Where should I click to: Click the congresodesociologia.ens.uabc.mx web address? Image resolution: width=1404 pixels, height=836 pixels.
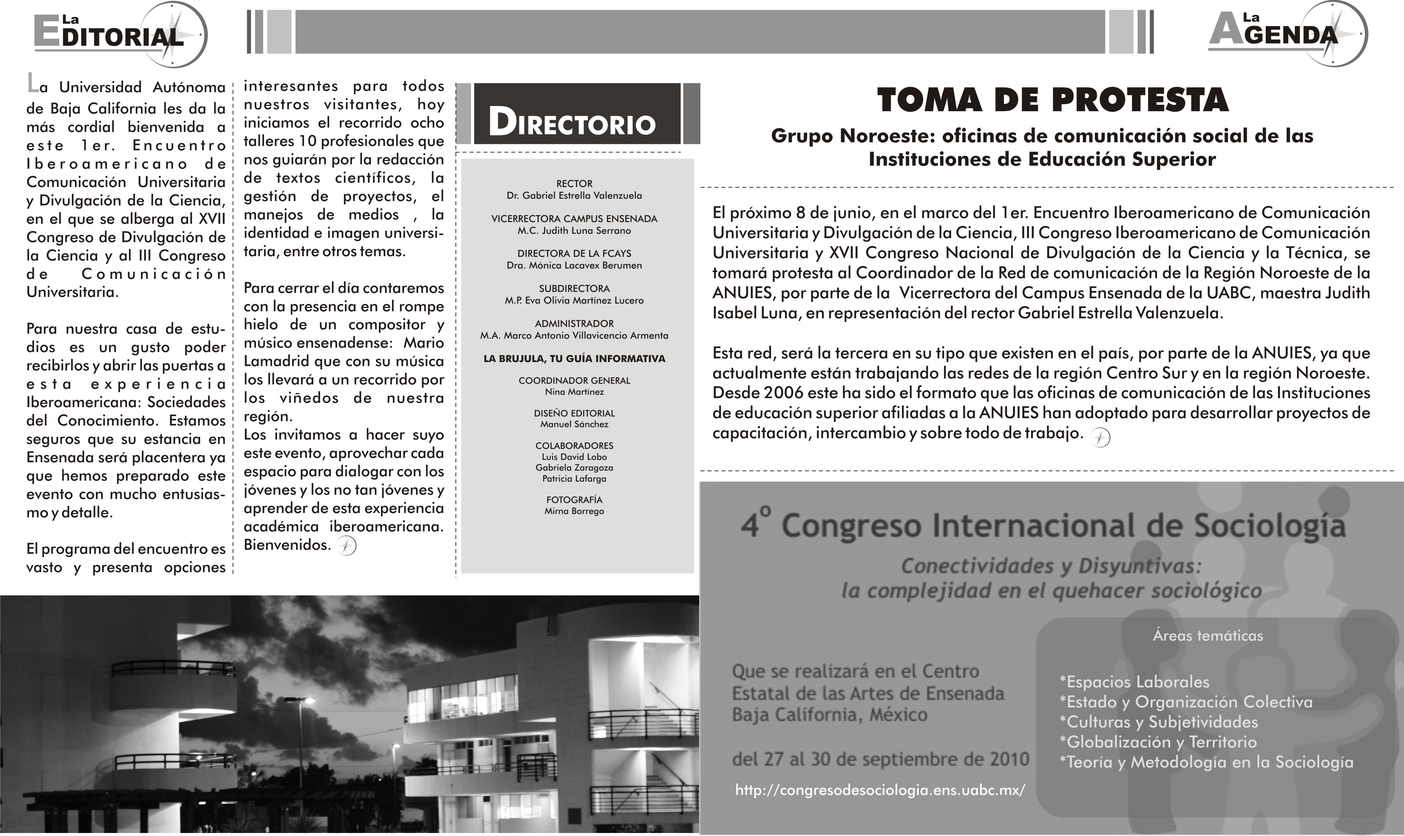pos(880,790)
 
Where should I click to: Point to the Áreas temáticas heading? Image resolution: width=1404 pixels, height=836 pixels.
pos(1207,636)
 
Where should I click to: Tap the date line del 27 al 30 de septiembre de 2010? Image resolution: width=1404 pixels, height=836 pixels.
pos(880,760)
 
